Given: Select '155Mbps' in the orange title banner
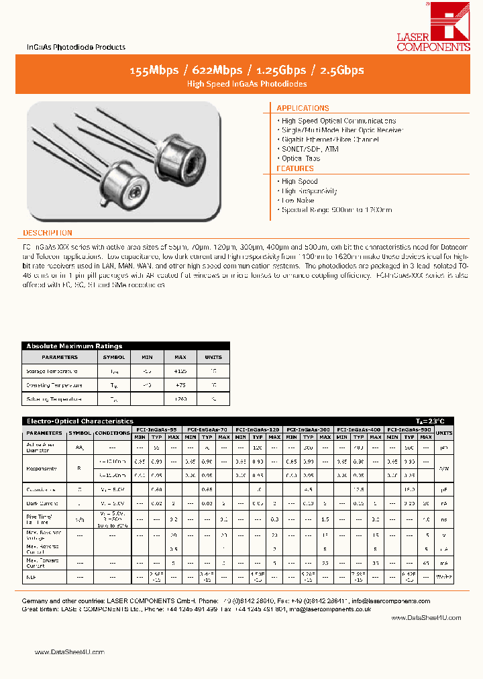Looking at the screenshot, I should [x=154, y=70].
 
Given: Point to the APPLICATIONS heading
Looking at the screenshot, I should [x=303, y=108].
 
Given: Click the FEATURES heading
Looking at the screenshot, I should [x=295, y=169].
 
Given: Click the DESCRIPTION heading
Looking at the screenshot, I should [x=48, y=233].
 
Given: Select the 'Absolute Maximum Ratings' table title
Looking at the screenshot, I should [x=74, y=346].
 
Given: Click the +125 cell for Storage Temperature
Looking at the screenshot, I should [x=180, y=371].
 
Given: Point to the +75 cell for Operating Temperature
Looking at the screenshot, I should [x=180, y=385].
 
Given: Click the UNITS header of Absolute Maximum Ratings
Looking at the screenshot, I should [x=213, y=357].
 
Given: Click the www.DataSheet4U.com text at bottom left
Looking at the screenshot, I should [x=69, y=652].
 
